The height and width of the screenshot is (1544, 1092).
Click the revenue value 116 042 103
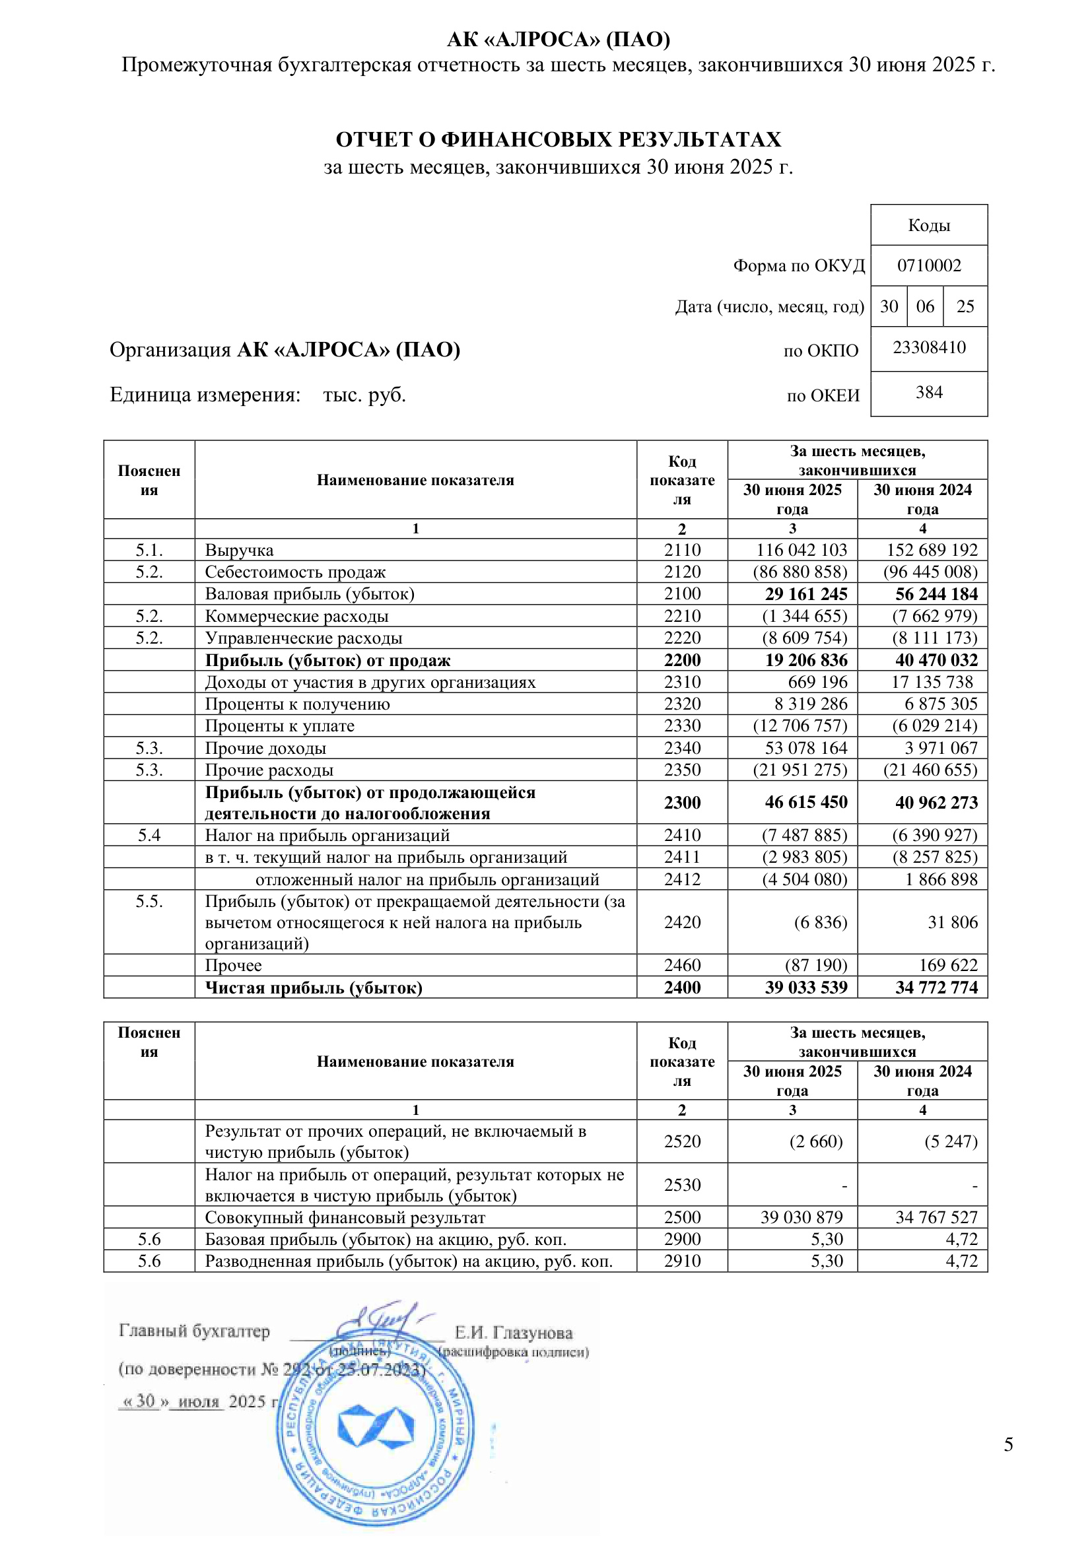point(801,549)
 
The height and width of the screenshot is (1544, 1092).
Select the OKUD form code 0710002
point(929,265)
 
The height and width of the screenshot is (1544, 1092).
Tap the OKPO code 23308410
point(929,348)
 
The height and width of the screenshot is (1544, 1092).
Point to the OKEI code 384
point(929,393)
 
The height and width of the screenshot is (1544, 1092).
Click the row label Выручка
point(239,550)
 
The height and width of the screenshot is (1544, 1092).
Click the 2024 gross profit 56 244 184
point(936,594)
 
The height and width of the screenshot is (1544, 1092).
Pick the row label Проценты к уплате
point(279,725)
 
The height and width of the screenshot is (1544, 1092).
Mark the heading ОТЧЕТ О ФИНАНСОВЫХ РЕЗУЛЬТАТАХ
point(558,139)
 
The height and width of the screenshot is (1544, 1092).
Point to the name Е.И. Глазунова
point(514,1333)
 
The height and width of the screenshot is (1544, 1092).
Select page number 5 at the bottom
point(1008,1444)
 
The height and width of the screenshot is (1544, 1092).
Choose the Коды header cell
point(929,225)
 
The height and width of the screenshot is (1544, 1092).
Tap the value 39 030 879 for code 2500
point(801,1217)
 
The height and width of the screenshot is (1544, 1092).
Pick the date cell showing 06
point(924,307)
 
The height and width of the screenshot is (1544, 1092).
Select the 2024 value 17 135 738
point(932,682)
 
